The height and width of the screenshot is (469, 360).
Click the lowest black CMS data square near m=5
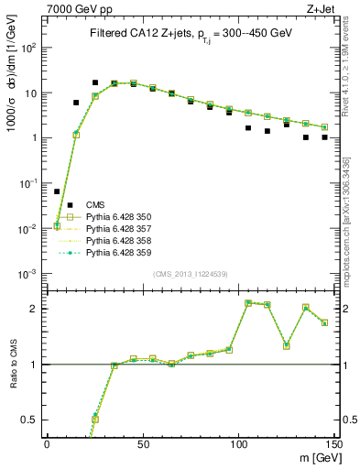tap(57, 191)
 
